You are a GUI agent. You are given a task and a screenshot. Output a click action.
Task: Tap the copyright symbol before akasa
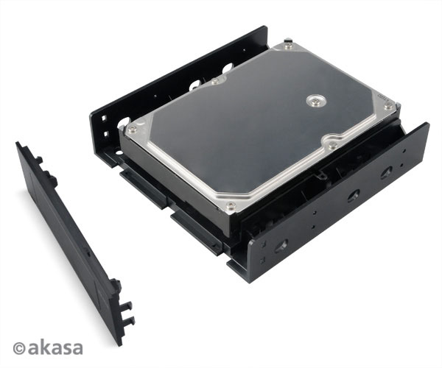point(19,347)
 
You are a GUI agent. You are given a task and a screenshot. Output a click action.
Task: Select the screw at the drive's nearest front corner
point(231,205)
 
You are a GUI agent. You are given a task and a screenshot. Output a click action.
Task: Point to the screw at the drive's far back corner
point(288,46)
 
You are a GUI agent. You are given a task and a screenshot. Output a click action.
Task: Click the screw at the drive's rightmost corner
point(388,107)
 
